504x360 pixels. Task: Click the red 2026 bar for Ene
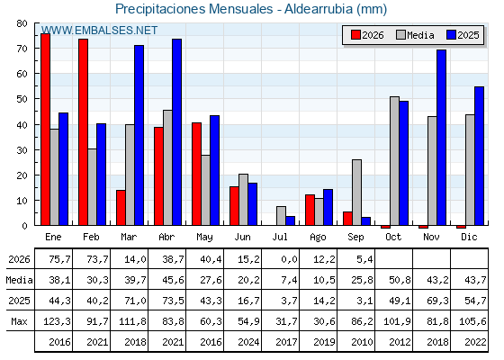pos(45,130)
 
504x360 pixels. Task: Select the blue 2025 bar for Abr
pos(176,132)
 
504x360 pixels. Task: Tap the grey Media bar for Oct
pos(394,161)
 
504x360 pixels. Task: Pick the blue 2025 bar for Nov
pos(441,137)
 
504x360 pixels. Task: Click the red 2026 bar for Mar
pos(121,208)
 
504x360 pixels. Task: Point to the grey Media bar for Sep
pos(356,193)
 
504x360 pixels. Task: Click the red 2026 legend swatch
pos(355,35)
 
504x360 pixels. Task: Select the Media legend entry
pos(415,35)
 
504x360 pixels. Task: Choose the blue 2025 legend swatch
pos(451,35)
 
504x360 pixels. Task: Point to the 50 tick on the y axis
pos(22,99)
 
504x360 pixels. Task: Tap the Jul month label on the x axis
pos(280,238)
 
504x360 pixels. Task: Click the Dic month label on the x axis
pos(469,238)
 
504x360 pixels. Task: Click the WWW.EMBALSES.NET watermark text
pos(99,31)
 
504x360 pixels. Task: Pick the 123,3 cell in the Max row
pos(57,321)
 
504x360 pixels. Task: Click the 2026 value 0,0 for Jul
pos(289,259)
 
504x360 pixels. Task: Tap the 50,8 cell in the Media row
pos(400,280)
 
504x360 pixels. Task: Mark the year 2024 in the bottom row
pos(248,342)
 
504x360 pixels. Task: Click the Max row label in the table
pos(19,321)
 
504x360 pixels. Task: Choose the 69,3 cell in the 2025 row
pos(437,301)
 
